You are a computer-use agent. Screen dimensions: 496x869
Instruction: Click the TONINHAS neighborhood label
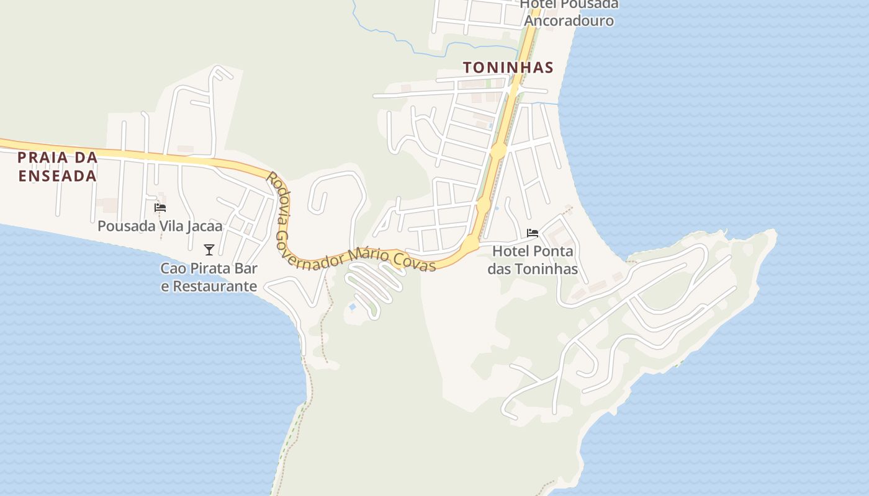(508, 68)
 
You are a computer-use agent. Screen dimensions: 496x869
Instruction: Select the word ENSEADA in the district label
(57, 176)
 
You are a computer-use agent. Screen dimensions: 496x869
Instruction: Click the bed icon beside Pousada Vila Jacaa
(160, 208)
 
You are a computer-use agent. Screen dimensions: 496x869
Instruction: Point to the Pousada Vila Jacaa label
(160, 226)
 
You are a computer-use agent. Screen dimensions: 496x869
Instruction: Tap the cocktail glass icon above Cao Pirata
(209, 250)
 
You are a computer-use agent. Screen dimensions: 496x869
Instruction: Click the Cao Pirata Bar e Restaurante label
(209, 277)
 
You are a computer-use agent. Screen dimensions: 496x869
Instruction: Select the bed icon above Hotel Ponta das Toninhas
(533, 233)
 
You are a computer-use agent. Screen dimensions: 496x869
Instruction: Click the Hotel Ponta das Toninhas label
(533, 260)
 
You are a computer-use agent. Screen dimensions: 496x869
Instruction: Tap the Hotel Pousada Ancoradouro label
(569, 12)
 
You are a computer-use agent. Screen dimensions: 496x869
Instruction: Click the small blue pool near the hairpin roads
(353, 307)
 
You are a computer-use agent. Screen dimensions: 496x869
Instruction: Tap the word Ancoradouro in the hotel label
(569, 20)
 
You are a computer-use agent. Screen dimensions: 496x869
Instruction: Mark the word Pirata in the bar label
(207, 269)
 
